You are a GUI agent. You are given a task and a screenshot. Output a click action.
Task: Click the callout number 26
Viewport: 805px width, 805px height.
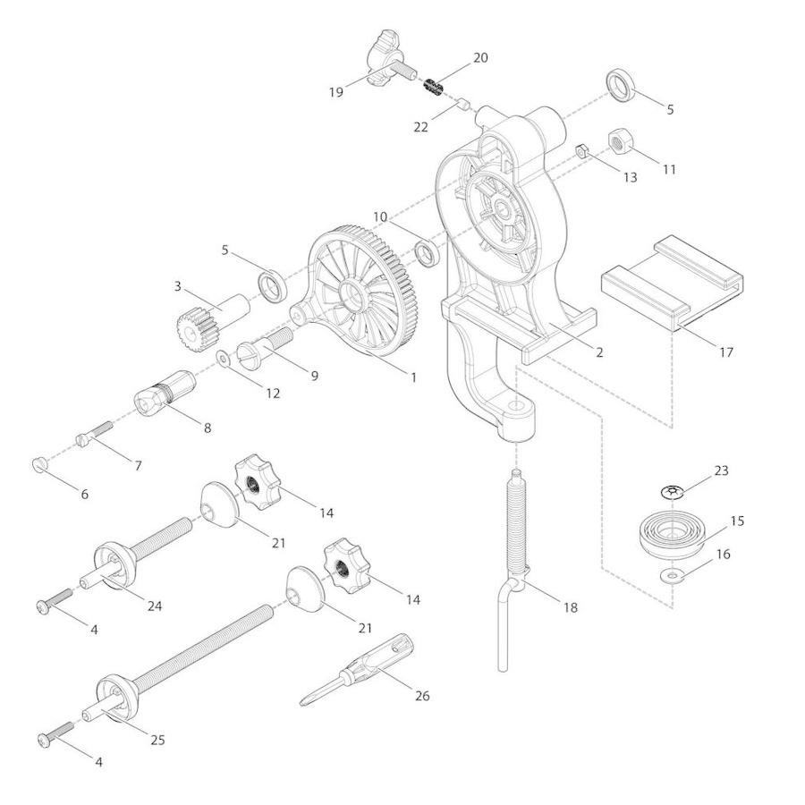point(422,696)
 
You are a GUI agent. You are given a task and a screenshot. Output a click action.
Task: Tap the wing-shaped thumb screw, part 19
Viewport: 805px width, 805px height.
point(387,66)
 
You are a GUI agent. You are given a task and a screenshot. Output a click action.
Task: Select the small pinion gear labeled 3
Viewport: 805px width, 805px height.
point(210,321)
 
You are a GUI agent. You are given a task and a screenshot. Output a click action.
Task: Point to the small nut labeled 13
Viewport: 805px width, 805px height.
point(582,151)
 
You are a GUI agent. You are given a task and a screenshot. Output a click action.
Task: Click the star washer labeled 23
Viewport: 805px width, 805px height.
point(672,492)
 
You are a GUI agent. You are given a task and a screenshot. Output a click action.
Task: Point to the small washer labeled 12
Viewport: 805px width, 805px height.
point(224,359)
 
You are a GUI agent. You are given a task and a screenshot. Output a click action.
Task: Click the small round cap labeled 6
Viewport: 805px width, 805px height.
point(39,464)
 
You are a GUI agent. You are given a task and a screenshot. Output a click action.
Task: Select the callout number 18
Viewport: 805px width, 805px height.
point(571,607)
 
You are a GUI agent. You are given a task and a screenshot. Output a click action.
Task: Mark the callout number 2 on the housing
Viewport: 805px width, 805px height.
point(599,352)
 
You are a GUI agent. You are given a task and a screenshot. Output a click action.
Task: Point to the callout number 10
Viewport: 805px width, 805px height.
point(380,216)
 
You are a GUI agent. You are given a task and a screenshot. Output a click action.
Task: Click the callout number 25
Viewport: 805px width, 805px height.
point(157,740)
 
